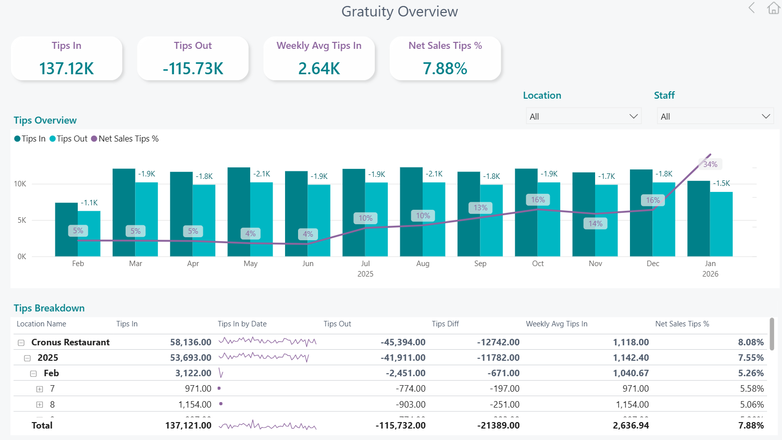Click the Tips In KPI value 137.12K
point(66,68)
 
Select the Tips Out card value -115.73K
point(193,68)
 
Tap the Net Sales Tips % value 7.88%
point(445,68)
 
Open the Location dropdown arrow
point(633,116)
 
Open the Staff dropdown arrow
point(766,116)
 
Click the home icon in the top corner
point(774,8)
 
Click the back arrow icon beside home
point(752,8)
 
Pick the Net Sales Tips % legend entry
point(125,139)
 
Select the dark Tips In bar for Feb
point(66,230)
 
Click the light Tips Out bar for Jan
point(721,224)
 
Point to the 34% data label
point(710,164)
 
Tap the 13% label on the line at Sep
point(480,208)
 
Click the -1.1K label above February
point(90,203)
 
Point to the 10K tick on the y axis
point(20,184)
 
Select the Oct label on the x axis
point(538,264)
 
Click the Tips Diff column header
point(445,324)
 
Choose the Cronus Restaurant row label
point(70,342)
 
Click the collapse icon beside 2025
point(27,358)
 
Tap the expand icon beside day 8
point(40,405)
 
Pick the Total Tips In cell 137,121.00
point(188,426)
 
